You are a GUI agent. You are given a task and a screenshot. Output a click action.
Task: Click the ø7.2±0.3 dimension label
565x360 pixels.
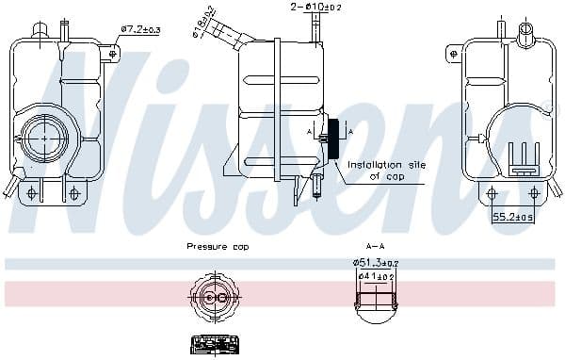[x=140, y=29]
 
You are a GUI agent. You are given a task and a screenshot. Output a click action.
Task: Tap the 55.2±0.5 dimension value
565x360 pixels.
[x=514, y=217]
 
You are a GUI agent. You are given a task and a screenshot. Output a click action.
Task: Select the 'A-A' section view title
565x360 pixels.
[x=375, y=247]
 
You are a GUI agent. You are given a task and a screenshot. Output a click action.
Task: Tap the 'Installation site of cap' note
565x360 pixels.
[x=386, y=171]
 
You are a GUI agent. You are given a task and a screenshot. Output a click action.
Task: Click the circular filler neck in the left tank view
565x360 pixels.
[x=44, y=139]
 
